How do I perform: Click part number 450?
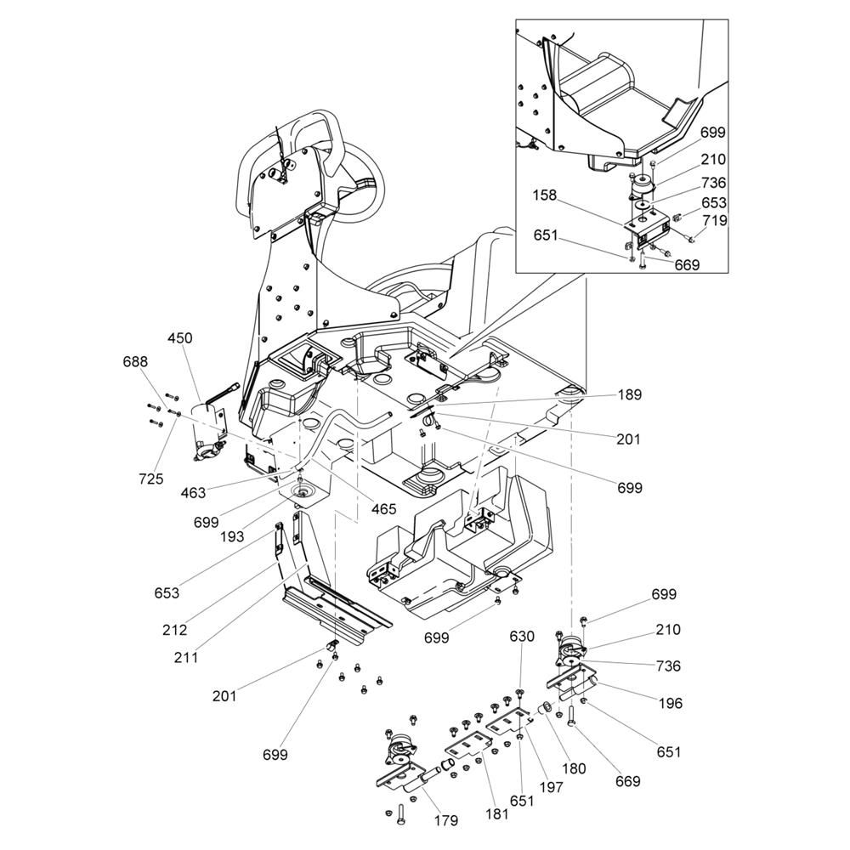[x=180, y=337]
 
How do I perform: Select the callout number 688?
[x=134, y=362]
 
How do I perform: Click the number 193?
[x=231, y=536]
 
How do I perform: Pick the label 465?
[x=383, y=509]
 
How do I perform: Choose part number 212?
[x=175, y=630]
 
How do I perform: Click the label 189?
[x=630, y=395]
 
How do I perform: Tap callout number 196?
[x=670, y=703]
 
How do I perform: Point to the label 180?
[x=574, y=769]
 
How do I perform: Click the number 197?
[x=551, y=788]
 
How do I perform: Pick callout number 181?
[x=497, y=813]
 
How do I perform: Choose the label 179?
[x=445, y=821]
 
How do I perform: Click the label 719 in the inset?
[x=714, y=220]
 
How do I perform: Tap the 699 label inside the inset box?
[x=714, y=132]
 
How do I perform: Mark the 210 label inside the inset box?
[x=713, y=159]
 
